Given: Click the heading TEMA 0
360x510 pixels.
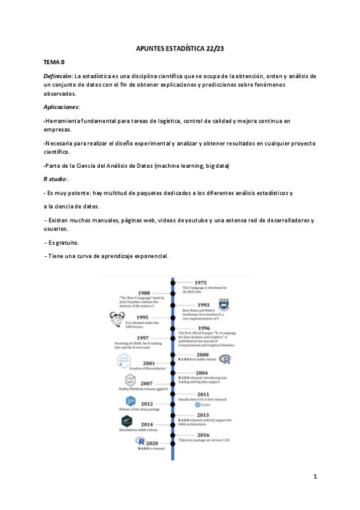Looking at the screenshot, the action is (54, 62).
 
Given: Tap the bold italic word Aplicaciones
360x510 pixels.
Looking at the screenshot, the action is (61, 106).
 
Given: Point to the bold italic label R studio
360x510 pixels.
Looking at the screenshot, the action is (55, 179).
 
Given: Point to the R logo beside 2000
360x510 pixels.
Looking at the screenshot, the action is (227, 360).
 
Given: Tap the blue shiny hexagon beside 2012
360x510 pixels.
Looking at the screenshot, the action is (129, 401).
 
